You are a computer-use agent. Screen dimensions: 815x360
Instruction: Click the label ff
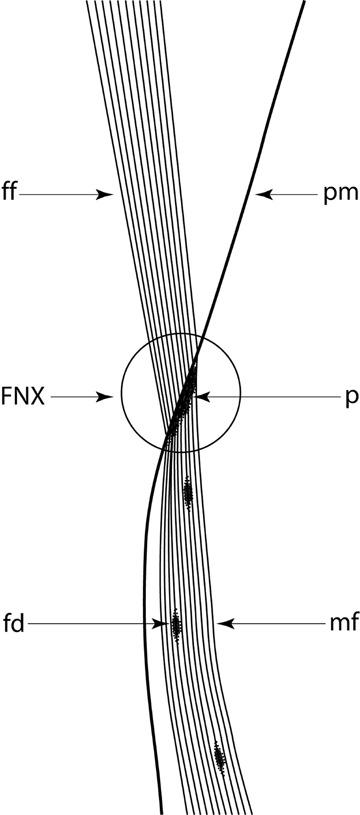(x=11, y=195)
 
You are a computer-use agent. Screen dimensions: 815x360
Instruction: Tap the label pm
(x=337, y=195)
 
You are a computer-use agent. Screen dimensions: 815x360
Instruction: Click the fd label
(x=14, y=624)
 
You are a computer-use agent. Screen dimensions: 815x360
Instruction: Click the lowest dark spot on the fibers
(x=219, y=757)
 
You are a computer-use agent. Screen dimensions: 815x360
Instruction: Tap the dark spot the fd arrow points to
(x=176, y=626)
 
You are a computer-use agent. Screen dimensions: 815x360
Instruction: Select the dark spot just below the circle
(x=187, y=491)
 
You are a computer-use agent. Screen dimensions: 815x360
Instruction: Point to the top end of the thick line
(x=303, y=3)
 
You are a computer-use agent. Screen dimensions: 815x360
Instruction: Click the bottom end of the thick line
(x=160, y=811)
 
